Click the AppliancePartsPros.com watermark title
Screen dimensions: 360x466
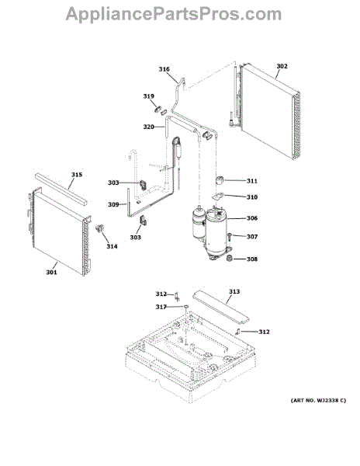point(174,14)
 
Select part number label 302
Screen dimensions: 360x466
point(282,66)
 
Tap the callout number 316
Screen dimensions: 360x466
point(164,69)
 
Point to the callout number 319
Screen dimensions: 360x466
point(149,96)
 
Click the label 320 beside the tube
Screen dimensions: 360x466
point(149,127)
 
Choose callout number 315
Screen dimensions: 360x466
point(77,175)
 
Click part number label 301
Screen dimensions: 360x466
point(51,273)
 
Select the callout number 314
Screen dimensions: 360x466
point(112,246)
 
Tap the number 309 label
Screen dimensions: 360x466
point(113,204)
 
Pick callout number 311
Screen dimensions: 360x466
point(252,181)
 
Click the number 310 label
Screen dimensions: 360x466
point(252,197)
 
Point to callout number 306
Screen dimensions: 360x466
point(252,218)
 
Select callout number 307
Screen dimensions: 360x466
point(252,237)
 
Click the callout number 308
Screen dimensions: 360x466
point(252,259)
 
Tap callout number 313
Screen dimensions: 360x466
point(234,292)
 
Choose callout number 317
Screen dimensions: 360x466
point(161,307)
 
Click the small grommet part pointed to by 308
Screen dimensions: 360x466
point(229,259)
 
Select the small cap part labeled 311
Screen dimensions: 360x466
point(220,180)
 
